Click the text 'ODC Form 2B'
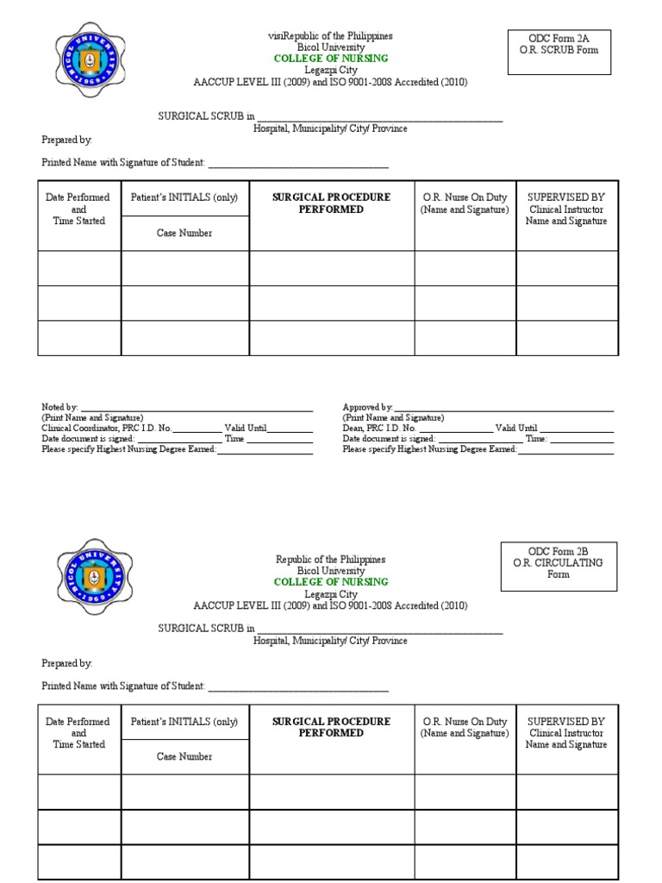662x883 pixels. [559, 551]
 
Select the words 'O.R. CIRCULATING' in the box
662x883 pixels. [559, 562]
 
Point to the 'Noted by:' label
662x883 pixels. [59, 407]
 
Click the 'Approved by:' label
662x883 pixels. [367, 407]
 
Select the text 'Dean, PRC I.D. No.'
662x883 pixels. [379, 428]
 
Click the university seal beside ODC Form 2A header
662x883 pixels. [91, 60]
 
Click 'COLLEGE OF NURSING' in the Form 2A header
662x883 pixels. [331, 59]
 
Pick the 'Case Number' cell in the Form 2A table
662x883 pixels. [184, 233]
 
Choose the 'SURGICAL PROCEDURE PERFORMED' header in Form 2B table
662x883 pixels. [331, 727]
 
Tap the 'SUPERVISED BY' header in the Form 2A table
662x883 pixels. [566, 197]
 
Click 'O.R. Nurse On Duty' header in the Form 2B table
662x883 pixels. [465, 722]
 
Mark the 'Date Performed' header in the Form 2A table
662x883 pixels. [78, 197]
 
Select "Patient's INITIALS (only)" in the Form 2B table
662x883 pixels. [184, 722]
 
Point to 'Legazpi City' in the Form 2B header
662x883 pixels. [331, 594]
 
